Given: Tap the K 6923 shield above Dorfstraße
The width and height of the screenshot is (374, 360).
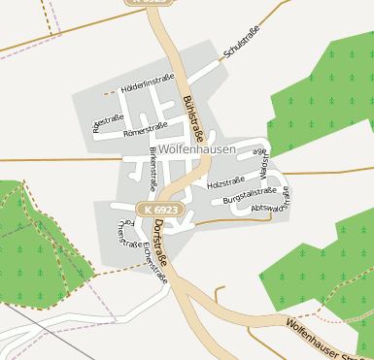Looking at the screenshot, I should click(x=157, y=210).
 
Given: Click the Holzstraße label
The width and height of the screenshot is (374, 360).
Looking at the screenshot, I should click(x=226, y=182).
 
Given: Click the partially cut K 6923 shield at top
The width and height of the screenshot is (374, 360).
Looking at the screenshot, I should click(x=147, y=3).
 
